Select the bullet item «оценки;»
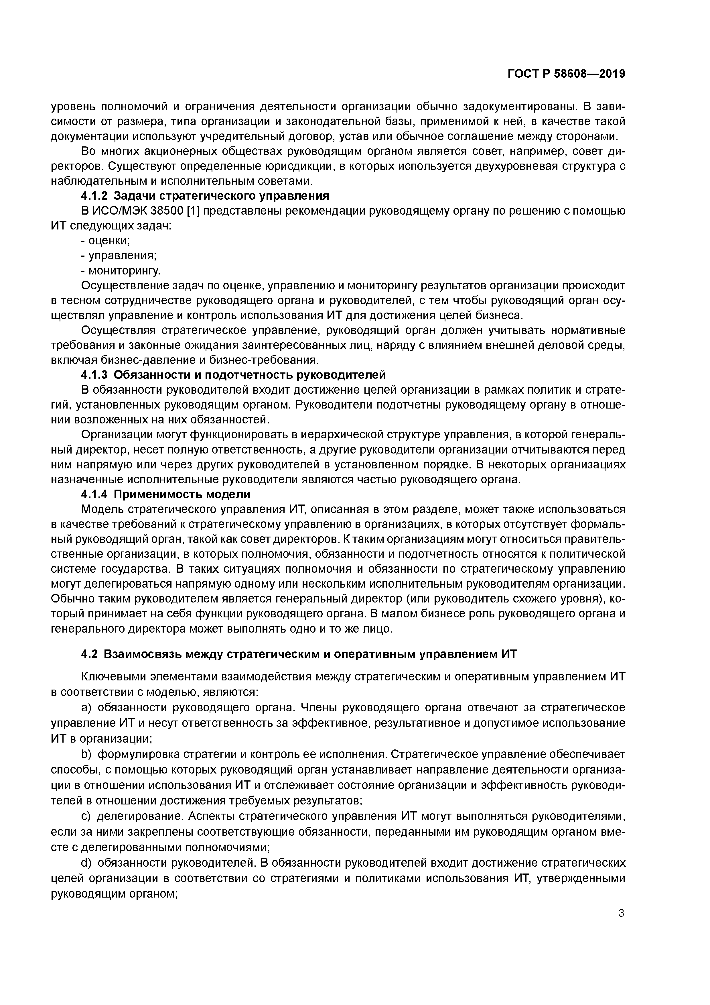pyautogui.click(x=109, y=240)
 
